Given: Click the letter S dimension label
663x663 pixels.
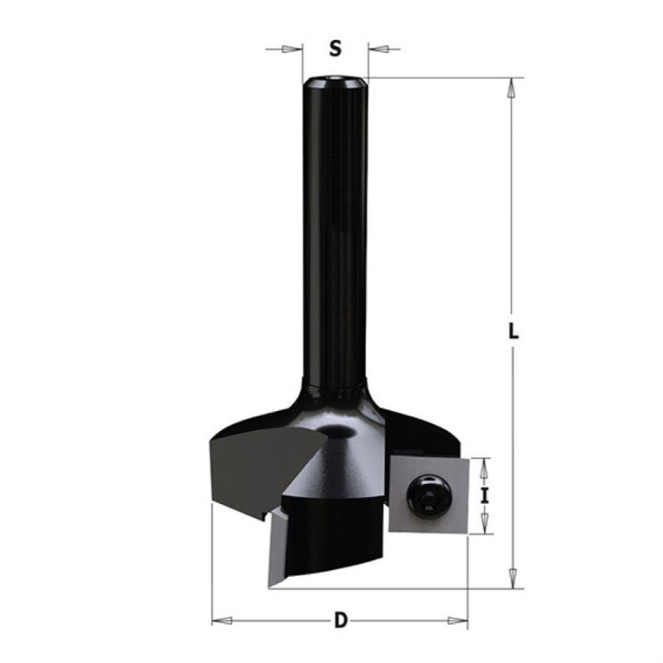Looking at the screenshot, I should coord(336,49).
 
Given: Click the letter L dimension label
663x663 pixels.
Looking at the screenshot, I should coord(514,331).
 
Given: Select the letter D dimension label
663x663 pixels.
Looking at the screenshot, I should coord(340,620).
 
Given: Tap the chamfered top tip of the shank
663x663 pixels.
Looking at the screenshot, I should coord(335,81).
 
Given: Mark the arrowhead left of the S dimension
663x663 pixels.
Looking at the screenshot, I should coord(294,50).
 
